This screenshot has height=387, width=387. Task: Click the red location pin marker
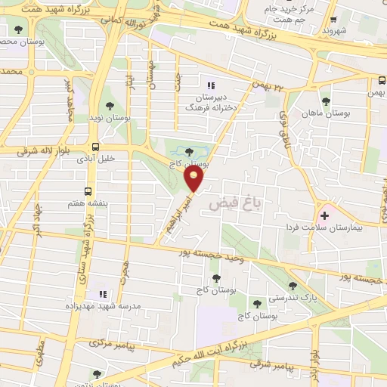point(195,178)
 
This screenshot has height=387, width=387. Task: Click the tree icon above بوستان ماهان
point(326,101)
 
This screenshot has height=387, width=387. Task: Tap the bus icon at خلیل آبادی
point(95,147)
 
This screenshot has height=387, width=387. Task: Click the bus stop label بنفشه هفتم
point(88,203)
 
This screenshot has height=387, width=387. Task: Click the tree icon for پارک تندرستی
point(293,286)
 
